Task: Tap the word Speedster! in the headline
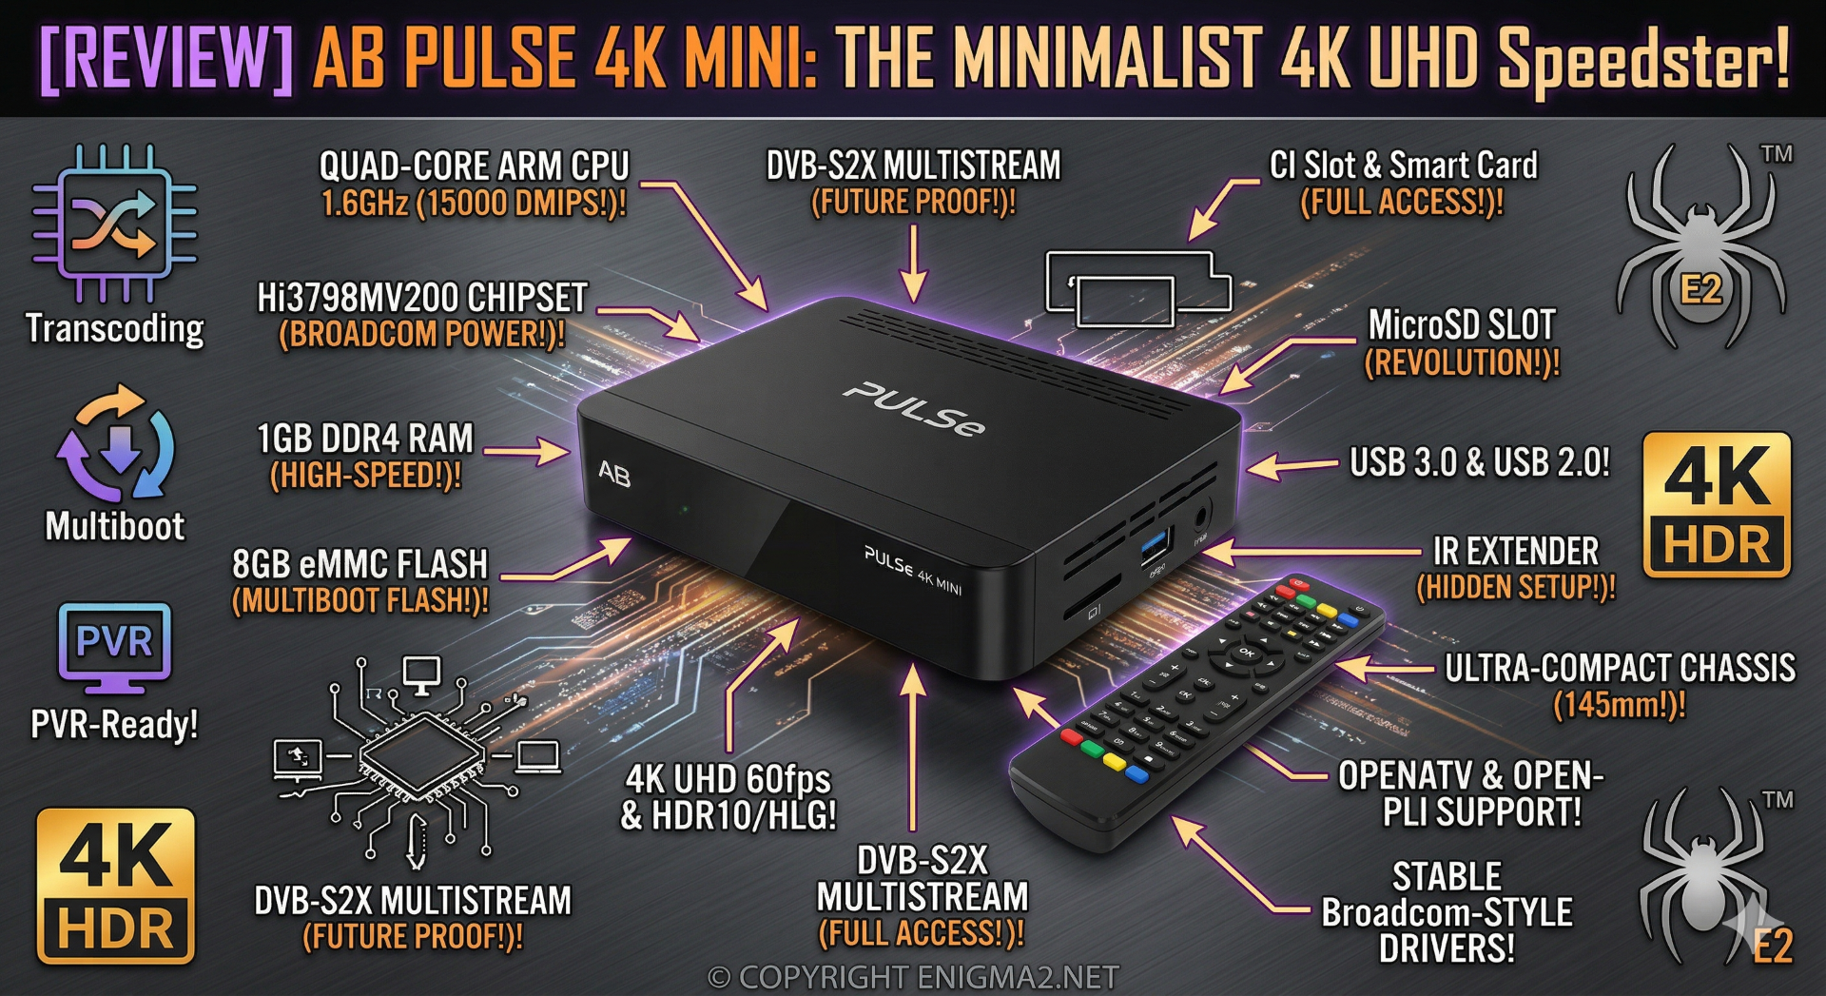[x=1643, y=59]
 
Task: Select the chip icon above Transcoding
[x=114, y=224]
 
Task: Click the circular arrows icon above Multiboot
[x=115, y=441]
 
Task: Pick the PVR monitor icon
[x=114, y=647]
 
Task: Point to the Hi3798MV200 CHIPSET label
[x=422, y=298]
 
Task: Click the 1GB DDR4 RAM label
[x=365, y=439]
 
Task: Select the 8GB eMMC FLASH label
[x=360, y=564]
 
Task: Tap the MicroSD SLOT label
[x=1462, y=325]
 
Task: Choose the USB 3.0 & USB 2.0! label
[x=1480, y=462]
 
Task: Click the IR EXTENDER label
[x=1516, y=552]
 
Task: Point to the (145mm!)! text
[x=1620, y=705]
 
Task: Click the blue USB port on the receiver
[x=1154, y=548]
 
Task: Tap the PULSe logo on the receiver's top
[x=914, y=409]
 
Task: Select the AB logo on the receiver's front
[x=614, y=473]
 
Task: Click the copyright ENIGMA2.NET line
[x=913, y=977]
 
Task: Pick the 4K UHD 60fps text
[x=728, y=779]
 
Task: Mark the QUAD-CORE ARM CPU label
[x=475, y=166]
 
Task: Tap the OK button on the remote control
[x=1245, y=653]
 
